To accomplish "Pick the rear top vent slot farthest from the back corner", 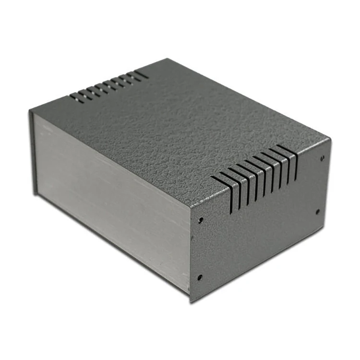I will tap(76, 98).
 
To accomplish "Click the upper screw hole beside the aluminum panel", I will tap(201, 220).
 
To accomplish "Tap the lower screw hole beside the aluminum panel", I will tap(200, 277).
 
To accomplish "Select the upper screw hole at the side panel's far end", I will tap(322, 157).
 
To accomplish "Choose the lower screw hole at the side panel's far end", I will tap(317, 211).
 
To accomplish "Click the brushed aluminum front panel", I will tap(110, 192).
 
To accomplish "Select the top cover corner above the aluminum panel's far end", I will tap(30, 111).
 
